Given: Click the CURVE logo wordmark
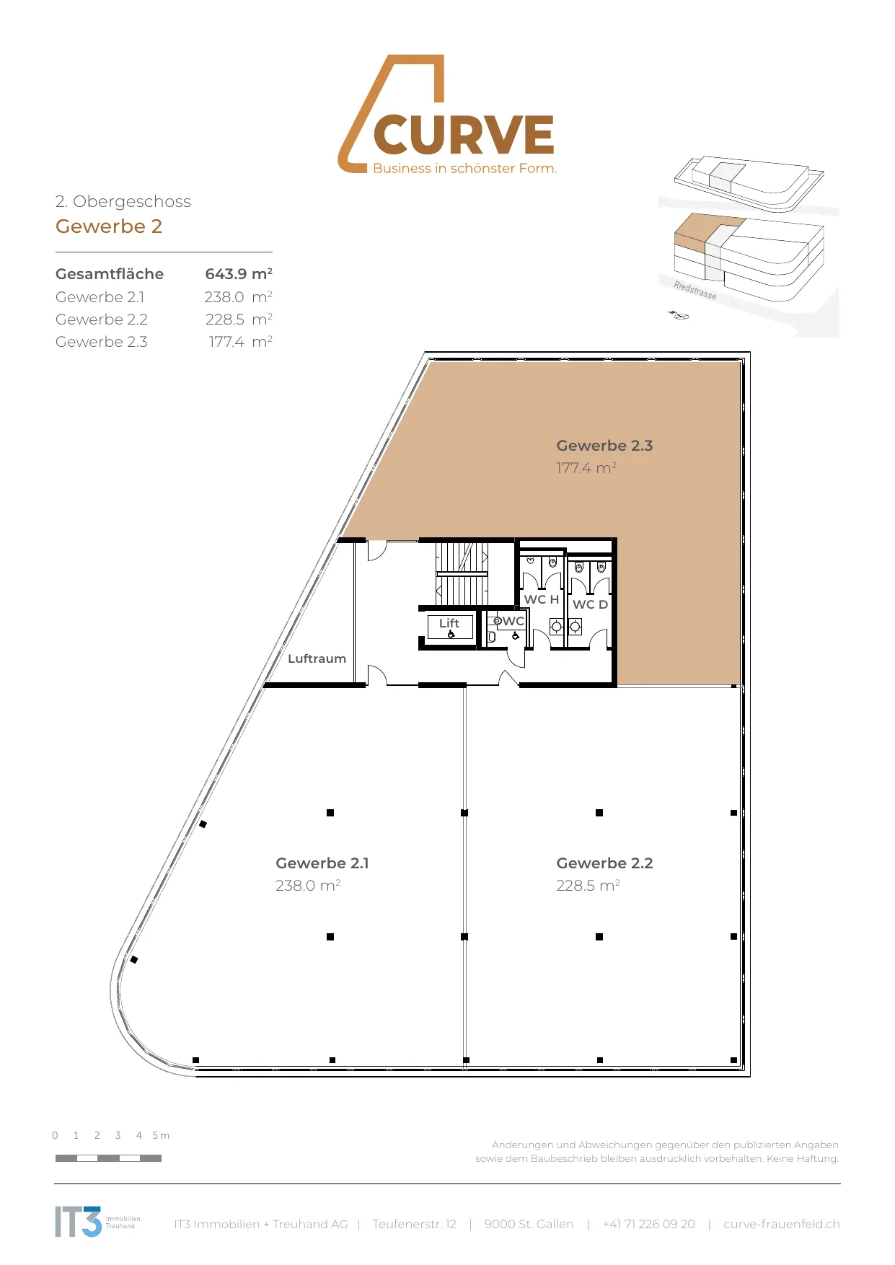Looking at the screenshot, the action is (x=464, y=135).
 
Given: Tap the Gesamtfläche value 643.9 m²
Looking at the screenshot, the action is (x=239, y=274).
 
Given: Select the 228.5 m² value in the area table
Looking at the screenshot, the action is (x=239, y=319).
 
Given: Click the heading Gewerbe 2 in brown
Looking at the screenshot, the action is (x=109, y=226).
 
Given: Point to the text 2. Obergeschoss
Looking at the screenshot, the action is (x=123, y=201).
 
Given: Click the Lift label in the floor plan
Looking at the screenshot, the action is (x=449, y=623).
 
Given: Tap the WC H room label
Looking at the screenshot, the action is (x=542, y=599).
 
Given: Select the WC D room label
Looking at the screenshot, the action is (x=590, y=604).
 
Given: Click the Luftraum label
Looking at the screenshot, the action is (x=317, y=658).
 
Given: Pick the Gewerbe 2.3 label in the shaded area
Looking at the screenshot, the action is (x=604, y=446).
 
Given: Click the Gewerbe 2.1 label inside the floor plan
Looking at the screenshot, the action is (x=322, y=863).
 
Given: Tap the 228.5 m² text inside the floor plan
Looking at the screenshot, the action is (x=588, y=886).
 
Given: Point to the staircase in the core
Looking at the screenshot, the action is (x=462, y=574).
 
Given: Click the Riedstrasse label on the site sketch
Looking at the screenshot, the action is (x=695, y=290).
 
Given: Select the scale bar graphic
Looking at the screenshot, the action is (x=108, y=1158).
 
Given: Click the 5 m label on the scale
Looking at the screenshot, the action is (x=161, y=1135).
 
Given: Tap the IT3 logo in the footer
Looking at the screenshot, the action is (x=79, y=1222).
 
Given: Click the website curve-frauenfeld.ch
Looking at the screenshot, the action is (x=782, y=1224).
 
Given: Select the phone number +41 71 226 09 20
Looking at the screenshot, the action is (x=649, y=1224).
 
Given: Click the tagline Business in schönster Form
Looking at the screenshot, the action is (x=465, y=168).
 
